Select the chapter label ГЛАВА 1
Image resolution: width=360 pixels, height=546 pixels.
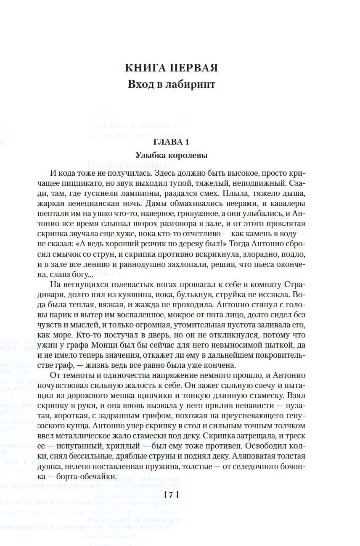click(x=171, y=141)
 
